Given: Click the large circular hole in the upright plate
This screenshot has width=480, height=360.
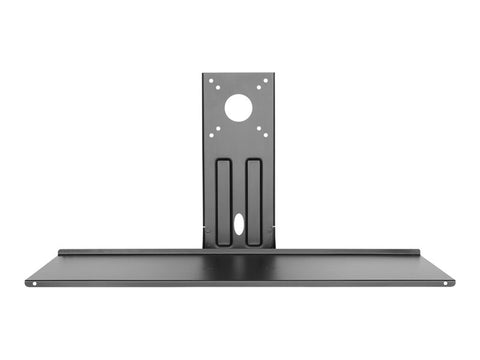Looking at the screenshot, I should [238, 107].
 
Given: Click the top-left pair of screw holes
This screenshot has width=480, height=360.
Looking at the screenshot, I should [213, 86].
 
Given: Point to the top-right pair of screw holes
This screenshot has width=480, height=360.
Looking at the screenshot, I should [263, 86].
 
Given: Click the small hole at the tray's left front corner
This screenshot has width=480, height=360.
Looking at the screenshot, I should [33, 282].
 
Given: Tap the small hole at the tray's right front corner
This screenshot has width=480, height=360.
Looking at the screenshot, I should [447, 282].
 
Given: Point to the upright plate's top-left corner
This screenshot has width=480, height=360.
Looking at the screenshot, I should [204, 75].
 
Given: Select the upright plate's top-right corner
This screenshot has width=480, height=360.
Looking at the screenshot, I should [274, 75].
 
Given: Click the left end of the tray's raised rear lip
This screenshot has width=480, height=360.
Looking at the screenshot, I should [60, 252].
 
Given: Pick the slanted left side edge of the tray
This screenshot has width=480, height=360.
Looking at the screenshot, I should [42, 267].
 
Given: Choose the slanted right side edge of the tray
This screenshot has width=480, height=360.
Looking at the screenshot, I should [437, 267].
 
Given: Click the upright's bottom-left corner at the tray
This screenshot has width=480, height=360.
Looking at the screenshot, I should [205, 248].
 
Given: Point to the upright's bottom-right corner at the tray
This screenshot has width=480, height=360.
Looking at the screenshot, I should [273, 248].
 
